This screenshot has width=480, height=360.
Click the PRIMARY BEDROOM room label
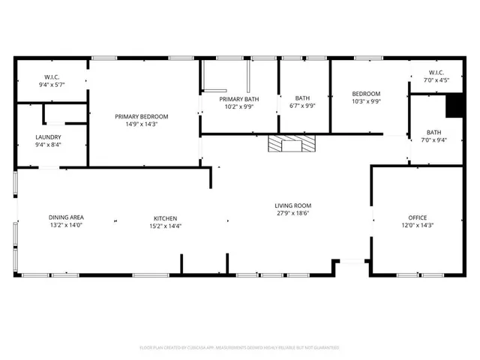coord(141,116)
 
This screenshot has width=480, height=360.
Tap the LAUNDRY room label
coord(48,137)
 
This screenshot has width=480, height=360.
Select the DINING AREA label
coord(66,217)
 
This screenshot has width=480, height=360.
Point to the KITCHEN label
coord(164,217)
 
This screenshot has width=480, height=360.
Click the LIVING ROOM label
coord(292,205)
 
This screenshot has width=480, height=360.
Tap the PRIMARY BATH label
coord(236,98)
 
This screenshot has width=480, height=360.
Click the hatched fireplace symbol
coord(292,143)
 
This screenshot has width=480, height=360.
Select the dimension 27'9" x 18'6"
coord(292,214)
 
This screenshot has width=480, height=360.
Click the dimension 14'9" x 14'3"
coord(141,124)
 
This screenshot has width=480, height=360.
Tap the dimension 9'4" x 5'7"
coord(52,85)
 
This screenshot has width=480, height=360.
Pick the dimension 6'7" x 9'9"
coord(302,106)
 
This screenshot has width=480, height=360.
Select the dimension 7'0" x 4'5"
coord(436,80)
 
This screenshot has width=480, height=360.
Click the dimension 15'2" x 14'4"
coord(164,225)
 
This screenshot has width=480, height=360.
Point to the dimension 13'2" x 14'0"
coord(66,225)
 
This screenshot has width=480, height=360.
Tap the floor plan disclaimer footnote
coord(240,348)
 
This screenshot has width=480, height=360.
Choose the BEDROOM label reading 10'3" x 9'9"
coord(367,94)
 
